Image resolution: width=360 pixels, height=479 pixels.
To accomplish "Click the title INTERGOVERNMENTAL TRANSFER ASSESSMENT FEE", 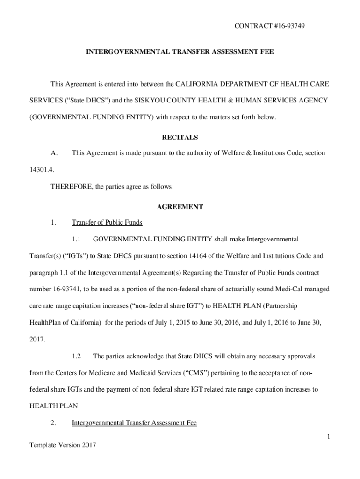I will pyautogui.click(x=180, y=53).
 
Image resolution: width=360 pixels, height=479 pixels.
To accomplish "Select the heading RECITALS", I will pyautogui.click(x=180, y=138).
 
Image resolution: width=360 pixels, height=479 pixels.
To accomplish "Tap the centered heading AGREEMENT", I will pyautogui.click(x=180, y=206).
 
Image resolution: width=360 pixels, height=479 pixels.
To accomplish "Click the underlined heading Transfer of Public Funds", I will pyautogui.click(x=107, y=222).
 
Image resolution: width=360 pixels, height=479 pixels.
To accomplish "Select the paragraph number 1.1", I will pyautogui.click(x=77, y=239).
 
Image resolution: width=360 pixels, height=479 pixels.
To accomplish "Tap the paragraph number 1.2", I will pyautogui.click(x=77, y=356).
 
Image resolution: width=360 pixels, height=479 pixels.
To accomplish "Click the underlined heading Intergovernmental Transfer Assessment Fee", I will pyautogui.click(x=134, y=423).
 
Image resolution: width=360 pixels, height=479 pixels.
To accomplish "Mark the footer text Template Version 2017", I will pyautogui.click(x=63, y=445).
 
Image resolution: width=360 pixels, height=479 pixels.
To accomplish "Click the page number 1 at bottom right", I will pyautogui.click(x=329, y=436).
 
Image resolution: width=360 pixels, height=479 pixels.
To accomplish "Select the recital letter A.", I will pyautogui.click(x=54, y=153).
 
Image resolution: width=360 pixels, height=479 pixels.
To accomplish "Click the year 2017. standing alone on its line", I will pyautogui.click(x=37, y=340).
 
